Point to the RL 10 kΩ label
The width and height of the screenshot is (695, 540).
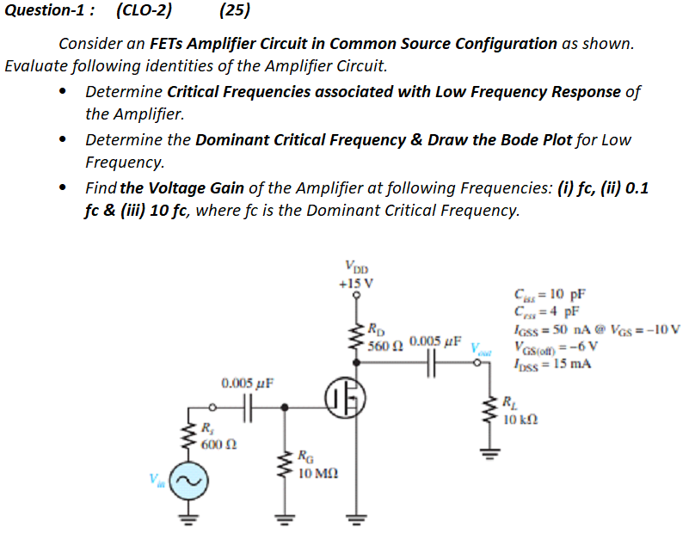pos(521,412)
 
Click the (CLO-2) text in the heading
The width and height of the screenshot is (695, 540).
pos(143,11)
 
